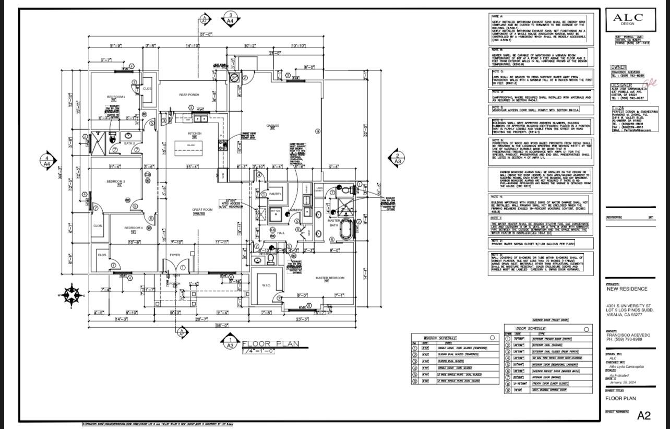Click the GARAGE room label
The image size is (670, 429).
(272, 125)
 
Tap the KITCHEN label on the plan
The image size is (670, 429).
(195, 134)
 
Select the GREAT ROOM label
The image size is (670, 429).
(202, 210)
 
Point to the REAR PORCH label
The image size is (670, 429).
(189, 94)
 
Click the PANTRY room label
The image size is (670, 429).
(275, 194)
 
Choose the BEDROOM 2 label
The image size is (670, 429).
(116, 97)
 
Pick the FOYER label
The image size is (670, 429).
(174, 255)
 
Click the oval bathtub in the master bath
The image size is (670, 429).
(345, 230)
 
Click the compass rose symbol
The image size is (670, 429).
(71, 295)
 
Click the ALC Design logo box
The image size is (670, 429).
(630, 21)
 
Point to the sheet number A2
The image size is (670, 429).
(644, 415)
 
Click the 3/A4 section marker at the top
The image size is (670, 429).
(231, 18)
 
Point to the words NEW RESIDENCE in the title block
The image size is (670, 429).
(627, 289)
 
